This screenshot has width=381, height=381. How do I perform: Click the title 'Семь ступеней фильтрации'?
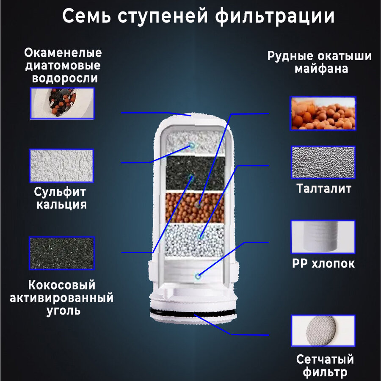pyautogui.click(x=199, y=17)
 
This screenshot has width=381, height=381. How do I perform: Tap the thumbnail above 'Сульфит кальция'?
pyautogui.click(x=61, y=166)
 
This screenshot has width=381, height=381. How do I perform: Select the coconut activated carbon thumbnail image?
pyautogui.click(x=61, y=253)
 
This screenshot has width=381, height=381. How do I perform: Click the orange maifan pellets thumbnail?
pyautogui.click(x=323, y=113)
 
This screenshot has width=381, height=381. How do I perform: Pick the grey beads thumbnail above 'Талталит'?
pyautogui.click(x=323, y=163)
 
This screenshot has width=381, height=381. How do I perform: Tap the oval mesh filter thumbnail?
pyautogui.click(x=323, y=331)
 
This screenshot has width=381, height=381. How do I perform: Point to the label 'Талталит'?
pyautogui.click(x=323, y=188)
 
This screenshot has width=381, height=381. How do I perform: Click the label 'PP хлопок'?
pyautogui.click(x=323, y=264)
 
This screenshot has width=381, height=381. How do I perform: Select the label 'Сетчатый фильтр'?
pyautogui.click(x=325, y=366)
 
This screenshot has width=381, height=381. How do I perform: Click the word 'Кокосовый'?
pyautogui.click(x=62, y=285)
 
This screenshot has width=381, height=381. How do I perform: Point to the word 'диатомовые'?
pyautogui.click(x=63, y=66)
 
